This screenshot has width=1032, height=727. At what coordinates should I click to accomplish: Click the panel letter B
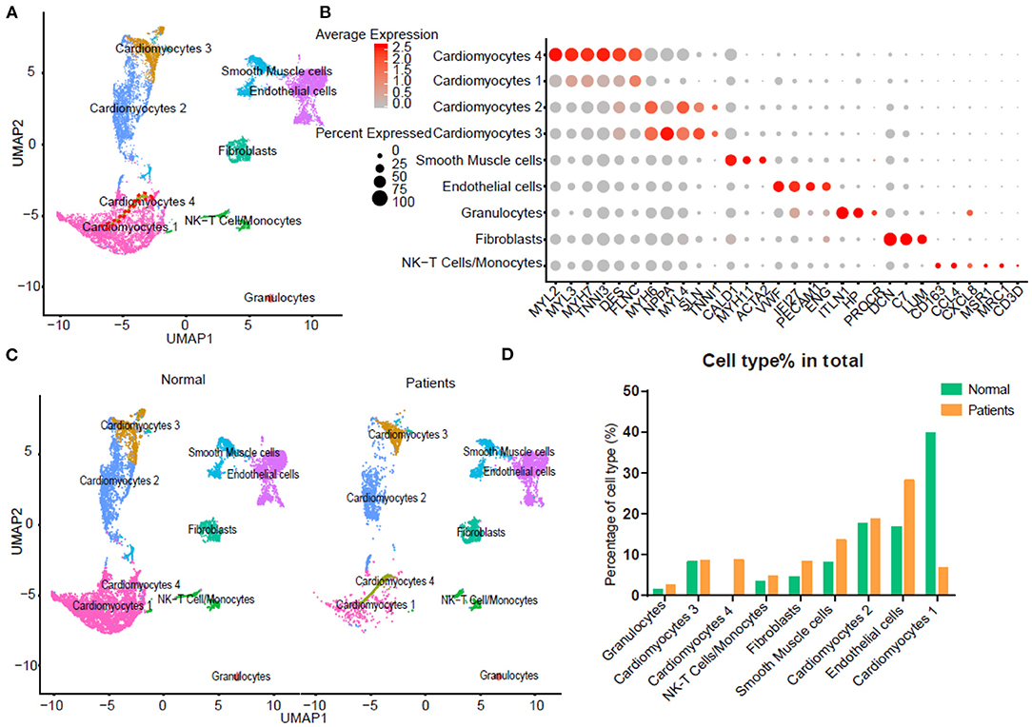[325, 12]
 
